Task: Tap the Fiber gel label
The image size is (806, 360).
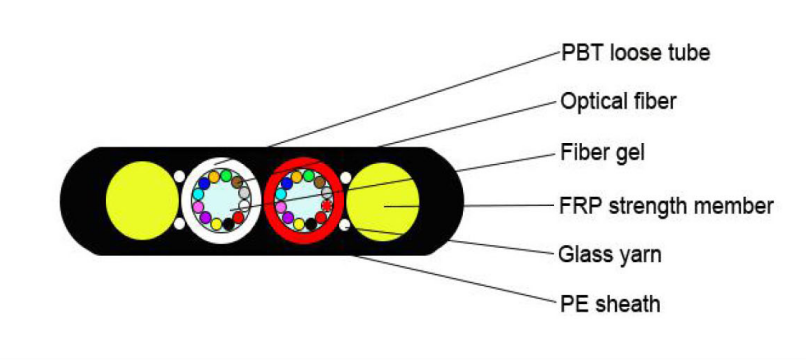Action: coord(601,154)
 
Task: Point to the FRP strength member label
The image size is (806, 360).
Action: coord(664,207)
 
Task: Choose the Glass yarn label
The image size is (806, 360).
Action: coord(609,254)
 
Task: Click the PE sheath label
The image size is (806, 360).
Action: coord(609,302)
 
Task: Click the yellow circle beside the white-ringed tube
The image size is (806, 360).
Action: coord(142,200)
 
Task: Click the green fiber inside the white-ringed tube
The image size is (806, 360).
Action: coord(227,175)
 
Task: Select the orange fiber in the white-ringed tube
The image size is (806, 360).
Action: coord(213,176)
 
